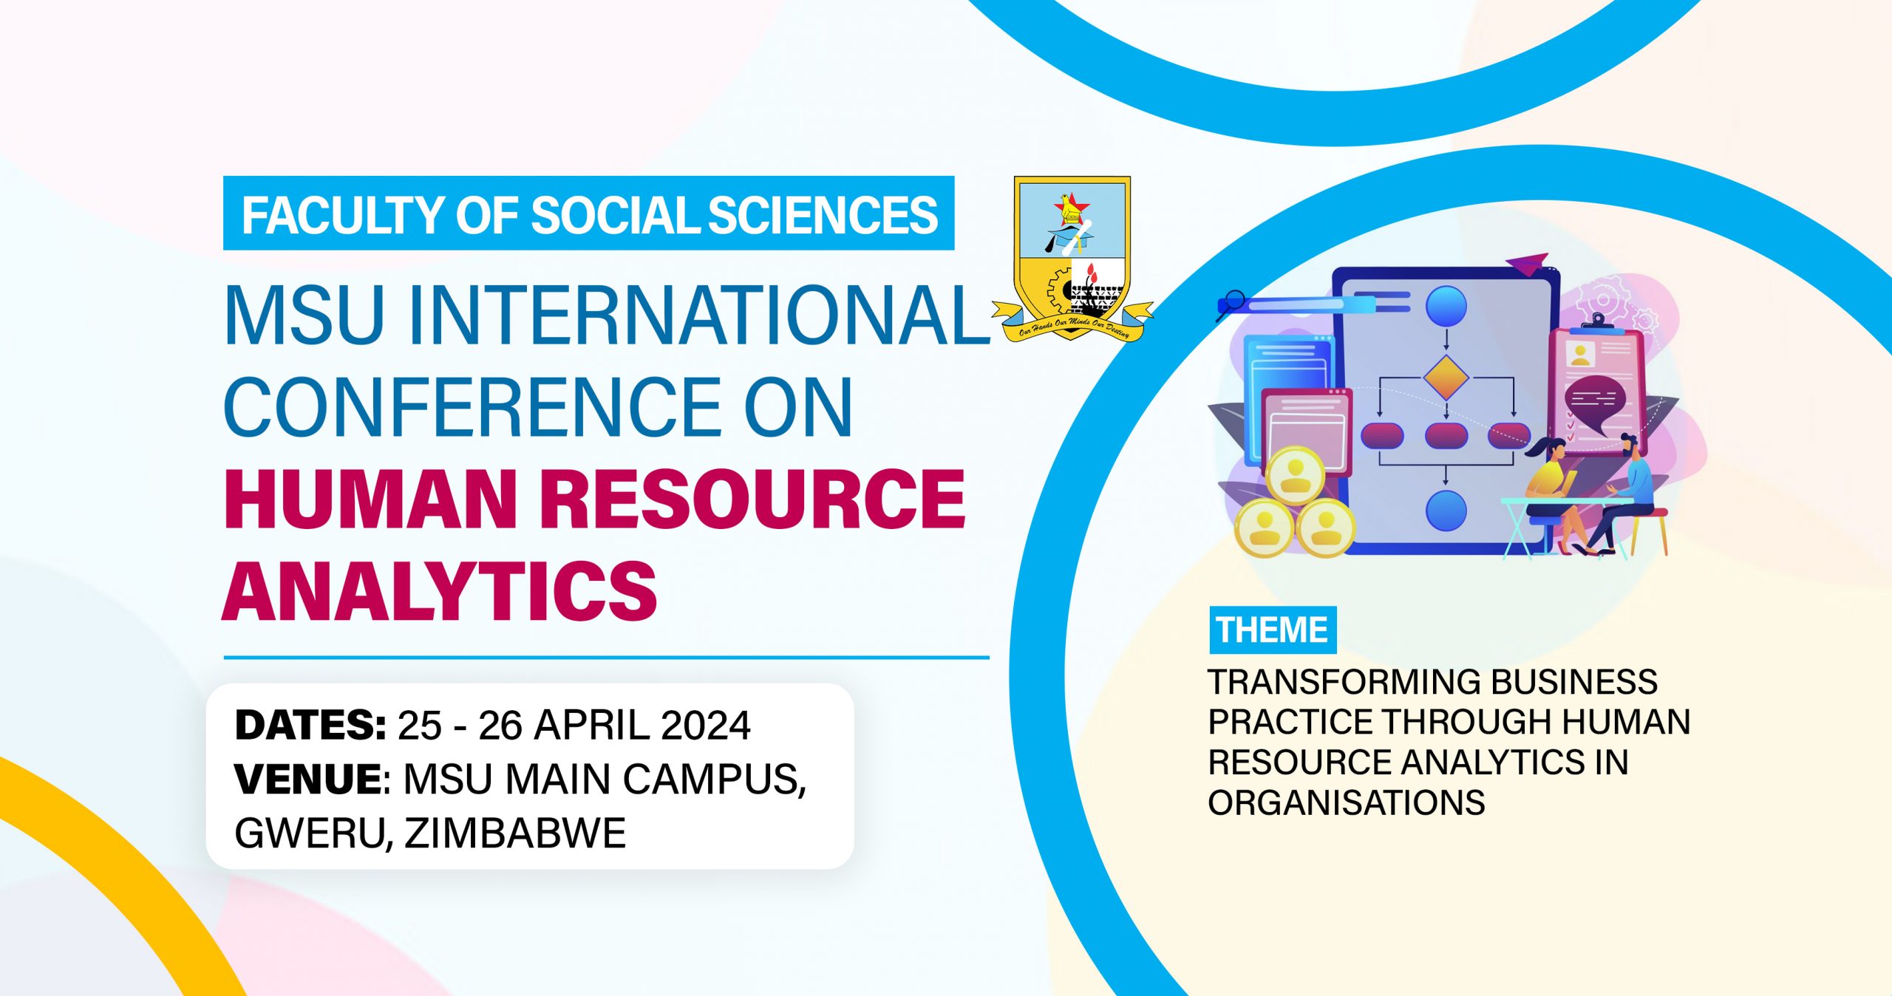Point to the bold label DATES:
[x=310, y=725]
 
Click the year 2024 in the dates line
[x=706, y=725]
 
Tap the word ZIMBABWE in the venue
[x=515, y=833]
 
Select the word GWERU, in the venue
[x=314, y=834]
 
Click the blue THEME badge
[x=1273, y=630]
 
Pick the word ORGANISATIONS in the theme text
[x=1347, y=802]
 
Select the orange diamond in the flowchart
[x=1446, y=378]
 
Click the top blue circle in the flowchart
[x=1446, y=306]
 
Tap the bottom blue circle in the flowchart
[x=1446, y=510]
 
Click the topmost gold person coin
[x=1296, y=475]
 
